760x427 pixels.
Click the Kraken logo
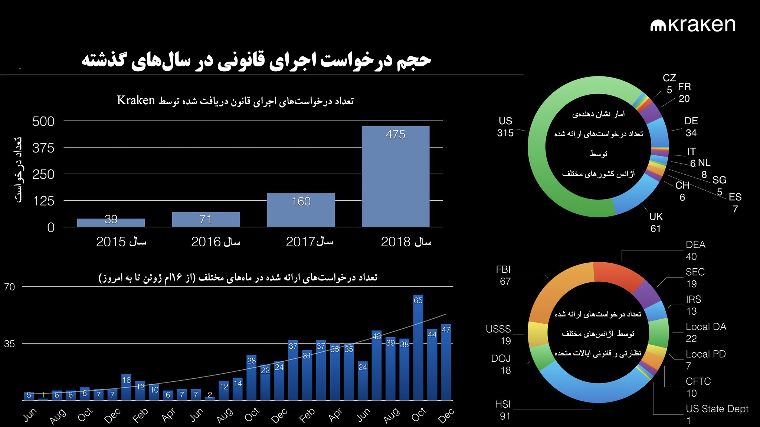click(692, 25)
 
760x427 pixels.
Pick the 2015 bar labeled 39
click(111, 222)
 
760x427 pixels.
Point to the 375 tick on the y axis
click(43, 148)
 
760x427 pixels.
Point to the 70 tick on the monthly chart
click(10, 287)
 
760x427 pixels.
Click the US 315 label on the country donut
click(505, 127)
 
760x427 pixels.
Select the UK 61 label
click(656, 223)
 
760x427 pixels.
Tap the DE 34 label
click(691, 127)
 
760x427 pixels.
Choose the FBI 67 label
click(504, 275)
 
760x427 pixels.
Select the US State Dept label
click(717, 409)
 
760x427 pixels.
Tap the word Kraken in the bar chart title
click(136, 101)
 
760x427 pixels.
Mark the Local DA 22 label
click(705, 332)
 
